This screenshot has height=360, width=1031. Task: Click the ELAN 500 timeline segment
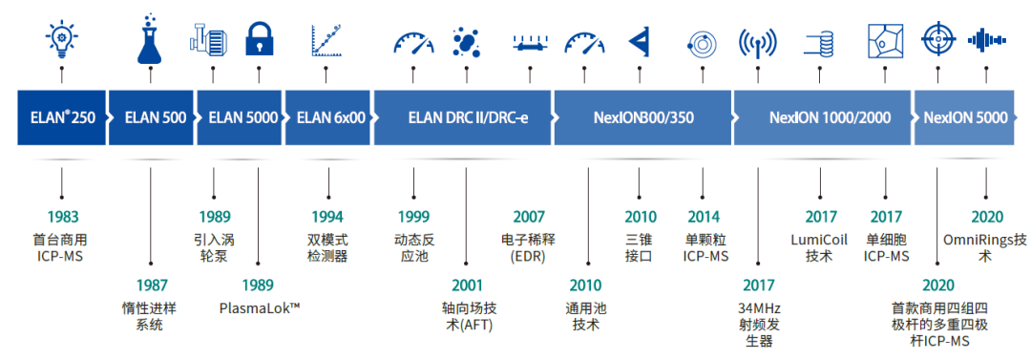tap(154, 118)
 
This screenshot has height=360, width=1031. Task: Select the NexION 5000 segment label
tap(965, 118)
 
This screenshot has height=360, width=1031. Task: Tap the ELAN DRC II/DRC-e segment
tap(461, 118)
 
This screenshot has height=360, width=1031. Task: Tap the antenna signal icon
tap(756, 43)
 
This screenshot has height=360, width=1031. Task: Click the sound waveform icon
tap(986, 40)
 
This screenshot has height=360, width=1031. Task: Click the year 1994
tap(326, 217)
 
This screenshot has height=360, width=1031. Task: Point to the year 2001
tap(467, 285)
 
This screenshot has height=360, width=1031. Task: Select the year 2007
tap(529, 217)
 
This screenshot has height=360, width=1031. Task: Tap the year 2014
tap(704, 217)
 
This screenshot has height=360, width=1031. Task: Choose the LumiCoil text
tap(820, 238)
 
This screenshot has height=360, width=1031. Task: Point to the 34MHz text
tap(760, 307)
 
